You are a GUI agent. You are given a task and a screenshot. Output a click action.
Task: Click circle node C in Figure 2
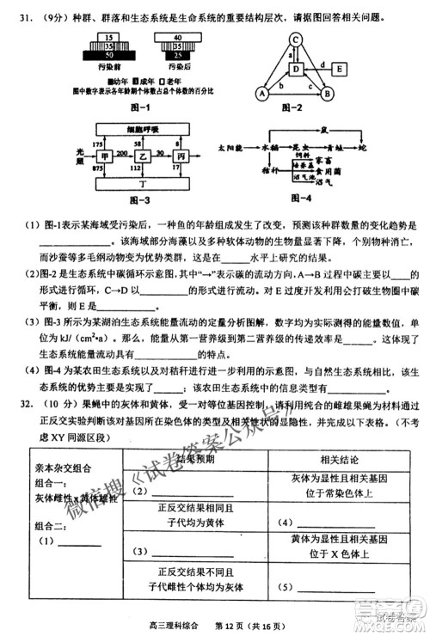(294, 40)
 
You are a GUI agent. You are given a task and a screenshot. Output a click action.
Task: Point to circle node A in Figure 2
(261, 94)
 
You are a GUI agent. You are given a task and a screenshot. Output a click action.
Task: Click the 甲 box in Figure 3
(106, 158)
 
